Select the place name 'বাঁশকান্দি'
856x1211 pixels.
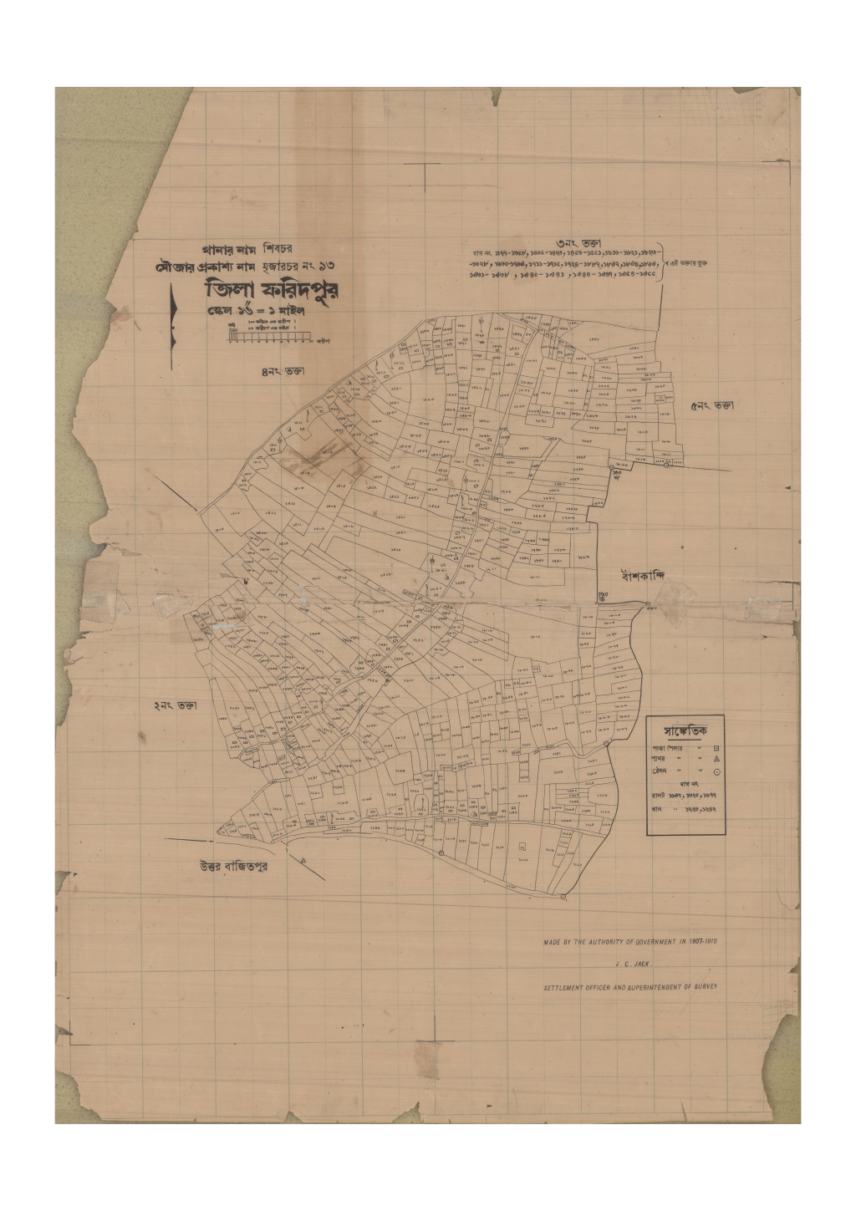(653, 576)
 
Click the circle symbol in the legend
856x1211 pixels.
(716, 772)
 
